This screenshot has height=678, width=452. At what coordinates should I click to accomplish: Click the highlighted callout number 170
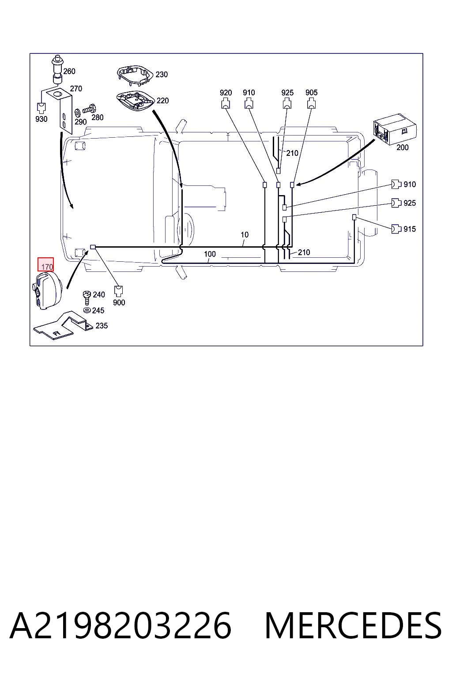47,267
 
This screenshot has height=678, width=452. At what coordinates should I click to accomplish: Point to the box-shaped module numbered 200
395,129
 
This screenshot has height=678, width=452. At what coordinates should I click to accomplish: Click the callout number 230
162,74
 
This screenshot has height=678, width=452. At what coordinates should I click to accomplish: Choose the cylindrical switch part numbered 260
57,70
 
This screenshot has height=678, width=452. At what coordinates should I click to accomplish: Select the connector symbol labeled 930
41,108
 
